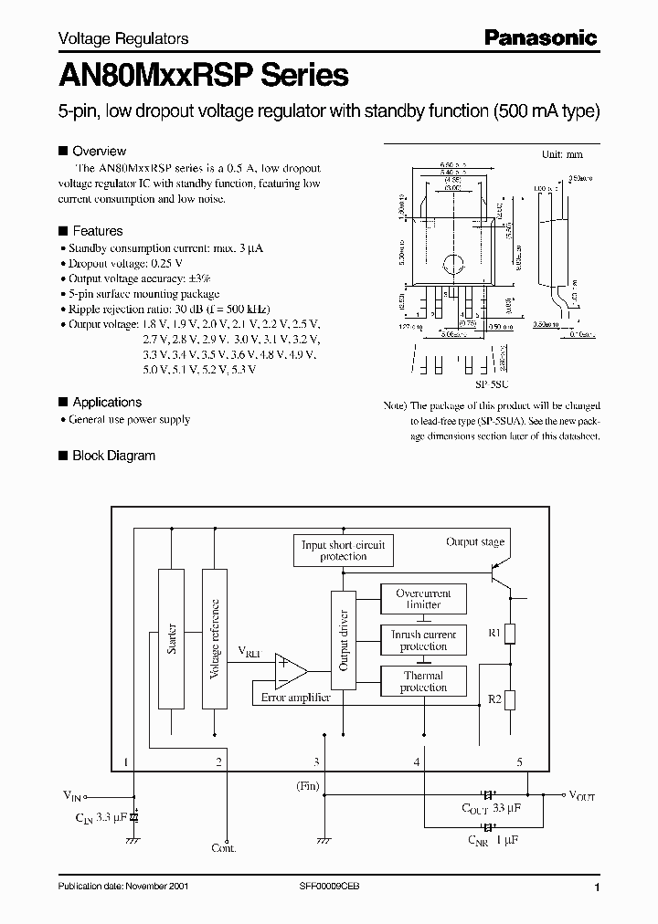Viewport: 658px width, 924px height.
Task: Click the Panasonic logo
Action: tap(540, 37)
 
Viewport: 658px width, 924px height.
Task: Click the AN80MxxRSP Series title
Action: tap(203, 75)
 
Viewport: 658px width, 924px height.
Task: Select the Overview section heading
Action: tap(99, 152)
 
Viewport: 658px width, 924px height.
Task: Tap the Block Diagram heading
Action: tap(113, 456)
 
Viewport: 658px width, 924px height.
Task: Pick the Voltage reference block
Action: tap(215, 639)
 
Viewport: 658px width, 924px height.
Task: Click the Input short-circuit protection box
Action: tap(343, 550)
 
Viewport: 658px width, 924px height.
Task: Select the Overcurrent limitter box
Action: tap(423, 599)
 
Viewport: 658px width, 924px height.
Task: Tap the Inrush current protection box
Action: tap(423, 640)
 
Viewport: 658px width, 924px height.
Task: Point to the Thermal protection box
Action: tap(423, 681)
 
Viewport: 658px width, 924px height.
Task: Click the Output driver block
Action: tap(344, 640)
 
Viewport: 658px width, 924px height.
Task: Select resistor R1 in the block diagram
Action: tap(512, 633)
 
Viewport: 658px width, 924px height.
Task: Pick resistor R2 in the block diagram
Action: tap(512, 700)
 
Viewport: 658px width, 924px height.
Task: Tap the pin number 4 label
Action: tap(417, 761)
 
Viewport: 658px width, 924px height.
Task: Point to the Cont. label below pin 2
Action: tap(223, 848)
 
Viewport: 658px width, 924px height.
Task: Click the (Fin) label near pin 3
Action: tap(308, 785)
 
